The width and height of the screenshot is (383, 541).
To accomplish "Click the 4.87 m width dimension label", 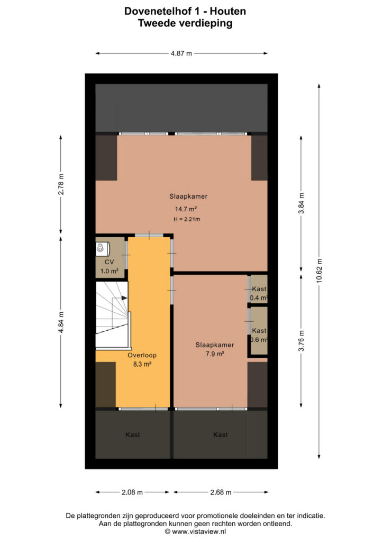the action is (x=181, y=53).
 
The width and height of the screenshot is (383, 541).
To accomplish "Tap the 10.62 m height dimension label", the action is (x=319, y=271).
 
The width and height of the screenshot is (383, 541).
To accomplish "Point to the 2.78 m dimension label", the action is (x=61, y=184).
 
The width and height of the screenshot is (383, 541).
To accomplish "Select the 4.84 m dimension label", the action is (x=61, y=323).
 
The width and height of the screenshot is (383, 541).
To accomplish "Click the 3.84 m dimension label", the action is (x=301, y=203).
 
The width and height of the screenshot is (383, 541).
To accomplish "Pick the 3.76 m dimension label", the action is (x=301, y=341).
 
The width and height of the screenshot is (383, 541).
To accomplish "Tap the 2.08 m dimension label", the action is (x=132, y=492).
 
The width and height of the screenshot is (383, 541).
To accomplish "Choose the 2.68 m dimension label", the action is (x=221, y=492).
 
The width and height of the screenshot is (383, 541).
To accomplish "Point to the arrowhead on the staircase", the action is (x=124, y=297).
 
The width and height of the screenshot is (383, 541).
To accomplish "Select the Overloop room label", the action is (x=142, y=355).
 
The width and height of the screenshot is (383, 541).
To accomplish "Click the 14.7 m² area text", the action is (x=186, y=209).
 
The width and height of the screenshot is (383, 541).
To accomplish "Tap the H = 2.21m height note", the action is (x=187, y=219).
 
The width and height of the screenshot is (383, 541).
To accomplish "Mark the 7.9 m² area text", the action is (x=215, y=353).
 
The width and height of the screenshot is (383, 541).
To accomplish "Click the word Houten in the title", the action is (x=228, y=11).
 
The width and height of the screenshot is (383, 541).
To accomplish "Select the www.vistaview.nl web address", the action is (x=199, y=531).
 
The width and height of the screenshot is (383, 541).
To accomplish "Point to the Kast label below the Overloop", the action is (x=133, y=435).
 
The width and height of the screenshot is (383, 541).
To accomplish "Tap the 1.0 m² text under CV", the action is (x=109, y=271).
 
